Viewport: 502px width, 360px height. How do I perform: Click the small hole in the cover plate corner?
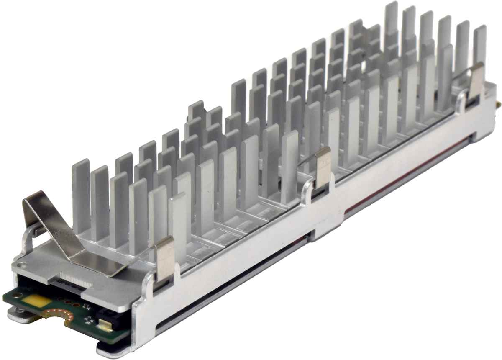click(x=22, y=263)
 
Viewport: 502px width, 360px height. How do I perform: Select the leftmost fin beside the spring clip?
click(x=81, y=193)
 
